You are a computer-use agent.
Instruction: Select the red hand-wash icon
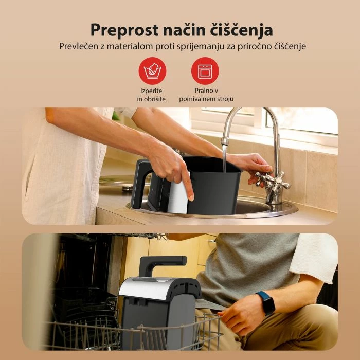coord(152,70)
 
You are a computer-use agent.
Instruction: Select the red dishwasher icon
coord(205,70)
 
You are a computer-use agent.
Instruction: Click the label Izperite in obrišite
coord(152,95)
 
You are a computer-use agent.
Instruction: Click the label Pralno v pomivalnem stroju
coord(205,95)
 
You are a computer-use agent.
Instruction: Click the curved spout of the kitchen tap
coord(242,114)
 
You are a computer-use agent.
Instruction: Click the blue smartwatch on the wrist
coord(265,302)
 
